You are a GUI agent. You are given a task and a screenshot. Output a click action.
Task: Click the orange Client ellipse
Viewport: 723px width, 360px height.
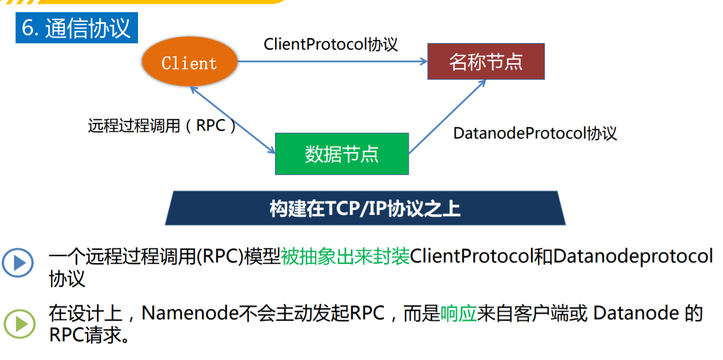click(189, 63)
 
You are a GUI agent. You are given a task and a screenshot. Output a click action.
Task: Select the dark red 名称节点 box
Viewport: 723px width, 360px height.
click(485, 62)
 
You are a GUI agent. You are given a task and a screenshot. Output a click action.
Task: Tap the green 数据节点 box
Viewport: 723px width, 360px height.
click(342, 154)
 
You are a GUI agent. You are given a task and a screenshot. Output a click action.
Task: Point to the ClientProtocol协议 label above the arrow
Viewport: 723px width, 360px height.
click(330, 44)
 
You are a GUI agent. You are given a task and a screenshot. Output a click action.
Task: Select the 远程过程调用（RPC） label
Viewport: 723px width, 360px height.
click(162, 126)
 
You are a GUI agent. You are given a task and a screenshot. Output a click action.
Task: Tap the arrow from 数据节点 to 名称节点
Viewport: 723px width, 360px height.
click(447, 117)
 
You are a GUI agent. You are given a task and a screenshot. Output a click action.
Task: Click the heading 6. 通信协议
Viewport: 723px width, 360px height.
click(77, 28)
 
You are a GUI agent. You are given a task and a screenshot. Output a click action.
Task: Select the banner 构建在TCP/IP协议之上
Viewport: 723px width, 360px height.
click(365, 209)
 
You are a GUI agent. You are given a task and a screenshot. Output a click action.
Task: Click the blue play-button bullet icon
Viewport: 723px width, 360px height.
click(17, 263)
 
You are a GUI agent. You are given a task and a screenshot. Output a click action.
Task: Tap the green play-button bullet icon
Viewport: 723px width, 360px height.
click(19, 323)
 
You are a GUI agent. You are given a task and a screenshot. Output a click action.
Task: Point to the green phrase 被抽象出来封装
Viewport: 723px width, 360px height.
click(345, 257)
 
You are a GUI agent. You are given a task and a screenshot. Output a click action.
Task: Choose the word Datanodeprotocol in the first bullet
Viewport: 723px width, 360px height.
click(632, 257)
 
